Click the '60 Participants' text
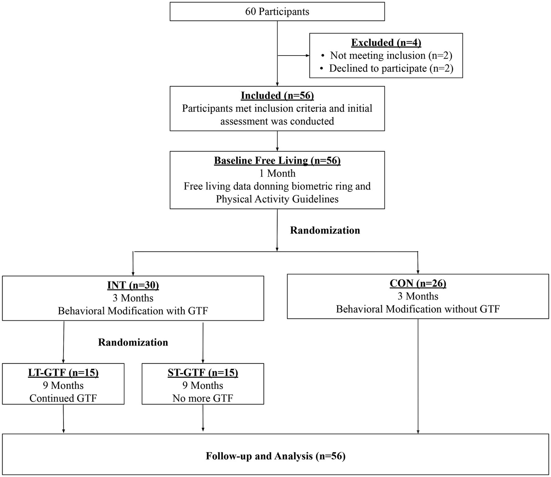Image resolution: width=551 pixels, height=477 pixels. tap(277, 11)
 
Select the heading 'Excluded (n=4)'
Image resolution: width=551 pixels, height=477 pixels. tap(386, 43)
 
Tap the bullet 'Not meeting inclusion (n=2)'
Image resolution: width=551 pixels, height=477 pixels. tap(391, 56)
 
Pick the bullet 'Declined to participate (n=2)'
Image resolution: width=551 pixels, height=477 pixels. tap(391, 68)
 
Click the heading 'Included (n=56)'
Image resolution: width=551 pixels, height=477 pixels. tap(277, 96)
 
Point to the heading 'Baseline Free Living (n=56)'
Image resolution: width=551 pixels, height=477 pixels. tap(277, 161)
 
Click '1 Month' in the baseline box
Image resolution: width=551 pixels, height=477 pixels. tap(277, 173)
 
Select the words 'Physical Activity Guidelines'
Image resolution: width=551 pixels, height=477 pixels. tap(277, 199)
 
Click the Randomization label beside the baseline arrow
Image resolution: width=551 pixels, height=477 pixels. tap(325, 230)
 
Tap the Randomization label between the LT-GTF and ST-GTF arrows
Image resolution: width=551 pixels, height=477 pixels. tap(133, 343)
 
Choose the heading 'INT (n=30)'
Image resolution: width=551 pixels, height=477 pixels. tap(133, 285)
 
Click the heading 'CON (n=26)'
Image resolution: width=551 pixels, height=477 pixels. tap(418, 283)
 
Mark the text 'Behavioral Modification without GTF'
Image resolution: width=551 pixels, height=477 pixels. tap(418, 309)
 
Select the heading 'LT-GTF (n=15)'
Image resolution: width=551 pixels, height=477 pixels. tap(63, 373)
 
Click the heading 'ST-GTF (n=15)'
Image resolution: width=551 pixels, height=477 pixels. tap(203, 373)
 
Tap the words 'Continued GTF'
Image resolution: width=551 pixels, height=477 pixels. tap(63, 399)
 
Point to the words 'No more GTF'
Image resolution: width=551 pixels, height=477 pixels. tap(203, 399)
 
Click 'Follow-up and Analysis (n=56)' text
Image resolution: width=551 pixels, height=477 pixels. tap(275, 456)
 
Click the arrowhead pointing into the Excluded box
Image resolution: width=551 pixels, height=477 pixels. tap(307, 56)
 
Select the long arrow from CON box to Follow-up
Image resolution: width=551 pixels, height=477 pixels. tap(418, 376)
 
